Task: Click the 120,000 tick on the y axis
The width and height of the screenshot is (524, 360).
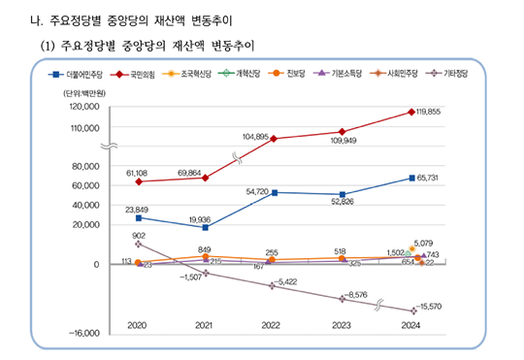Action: (x=85, y=107)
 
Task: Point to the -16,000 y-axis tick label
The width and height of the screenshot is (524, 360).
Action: (x=85, y=333)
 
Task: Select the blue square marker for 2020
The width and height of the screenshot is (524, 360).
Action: (x=138, y=217)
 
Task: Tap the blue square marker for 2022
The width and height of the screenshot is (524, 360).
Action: (x=275, y=192)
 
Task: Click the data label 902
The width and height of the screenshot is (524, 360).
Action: (x=139, y=236)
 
